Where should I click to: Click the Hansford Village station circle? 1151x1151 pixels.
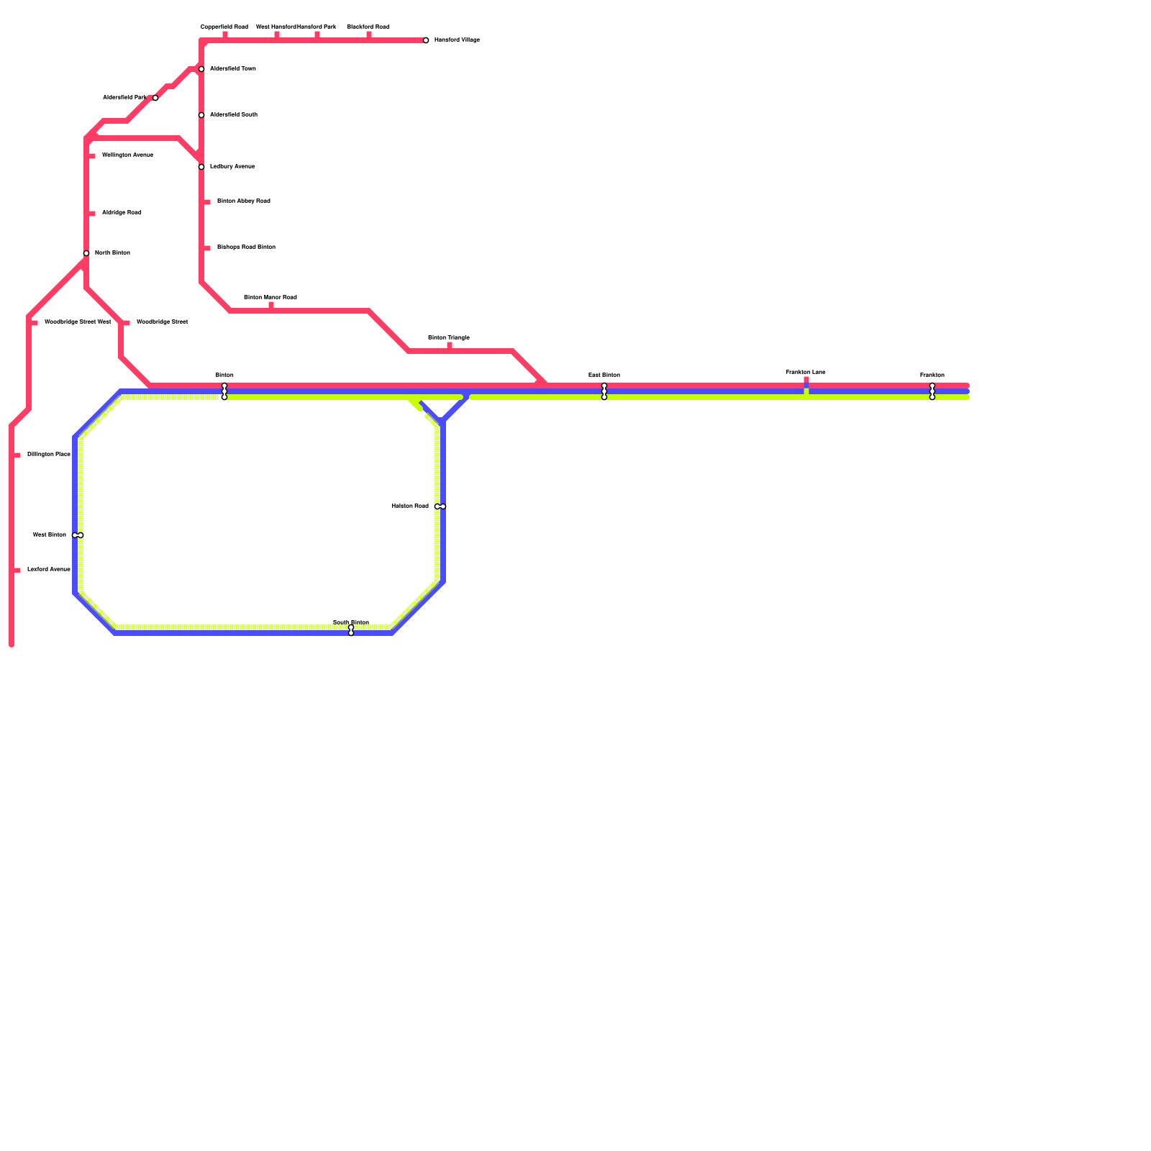point(426,40)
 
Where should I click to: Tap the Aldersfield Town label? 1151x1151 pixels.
point(232,69)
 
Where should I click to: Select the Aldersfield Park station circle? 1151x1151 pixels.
point(155,98)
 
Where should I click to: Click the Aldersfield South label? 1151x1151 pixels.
point(233,115)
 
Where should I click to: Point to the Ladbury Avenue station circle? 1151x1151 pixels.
point(201,167)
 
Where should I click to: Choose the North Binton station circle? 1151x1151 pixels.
point(86,253)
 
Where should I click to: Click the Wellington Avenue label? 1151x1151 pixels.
point(127,155)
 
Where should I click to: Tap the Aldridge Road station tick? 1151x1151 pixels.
point(91,214)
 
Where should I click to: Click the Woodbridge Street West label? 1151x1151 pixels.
point(78,322)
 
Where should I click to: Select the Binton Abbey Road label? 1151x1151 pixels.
point(243,201)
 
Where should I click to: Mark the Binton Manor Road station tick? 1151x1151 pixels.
point(271,306)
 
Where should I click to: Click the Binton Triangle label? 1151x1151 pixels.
point(448,338)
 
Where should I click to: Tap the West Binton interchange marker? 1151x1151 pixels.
point(78,535)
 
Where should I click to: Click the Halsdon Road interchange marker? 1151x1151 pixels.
point(440,506)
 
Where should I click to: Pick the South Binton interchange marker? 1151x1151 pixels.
point(351,630)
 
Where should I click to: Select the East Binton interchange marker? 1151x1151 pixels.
point(604,391)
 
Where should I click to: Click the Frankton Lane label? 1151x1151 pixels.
point(806,373)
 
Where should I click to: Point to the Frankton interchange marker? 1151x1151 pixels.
point(932,391)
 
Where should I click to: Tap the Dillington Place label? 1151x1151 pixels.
point(48,455)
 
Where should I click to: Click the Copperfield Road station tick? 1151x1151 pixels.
point(225,35)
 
